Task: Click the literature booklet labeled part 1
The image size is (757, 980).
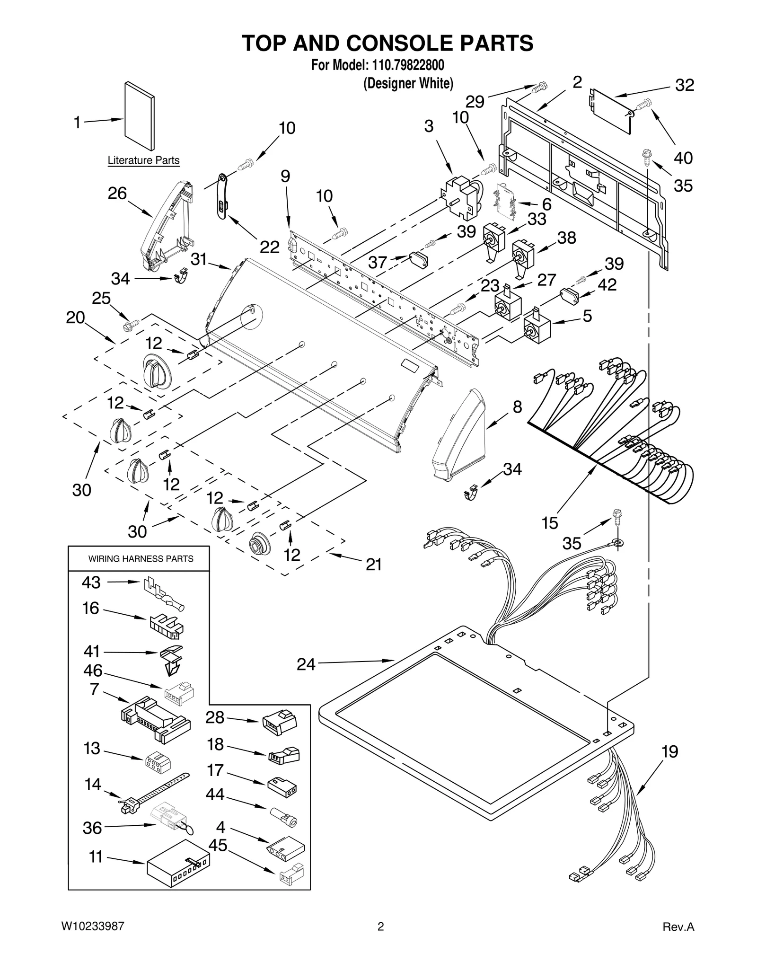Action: [x=140, y=116]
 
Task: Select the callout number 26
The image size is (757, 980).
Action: [x=117, y=193]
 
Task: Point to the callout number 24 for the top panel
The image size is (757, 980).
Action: [x=306, y=664]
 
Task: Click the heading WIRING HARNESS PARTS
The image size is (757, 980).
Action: [x=141, y=559]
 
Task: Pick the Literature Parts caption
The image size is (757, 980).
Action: [x=143, y=160]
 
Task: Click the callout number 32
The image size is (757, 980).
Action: [x=684, y=85]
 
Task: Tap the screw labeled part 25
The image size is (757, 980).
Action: [x=130, y=325]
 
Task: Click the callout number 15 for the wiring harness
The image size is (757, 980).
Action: [x=549, y=523]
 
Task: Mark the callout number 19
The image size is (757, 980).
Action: [x=669, y=751]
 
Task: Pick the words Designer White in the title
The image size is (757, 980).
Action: [x=408, y=84]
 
